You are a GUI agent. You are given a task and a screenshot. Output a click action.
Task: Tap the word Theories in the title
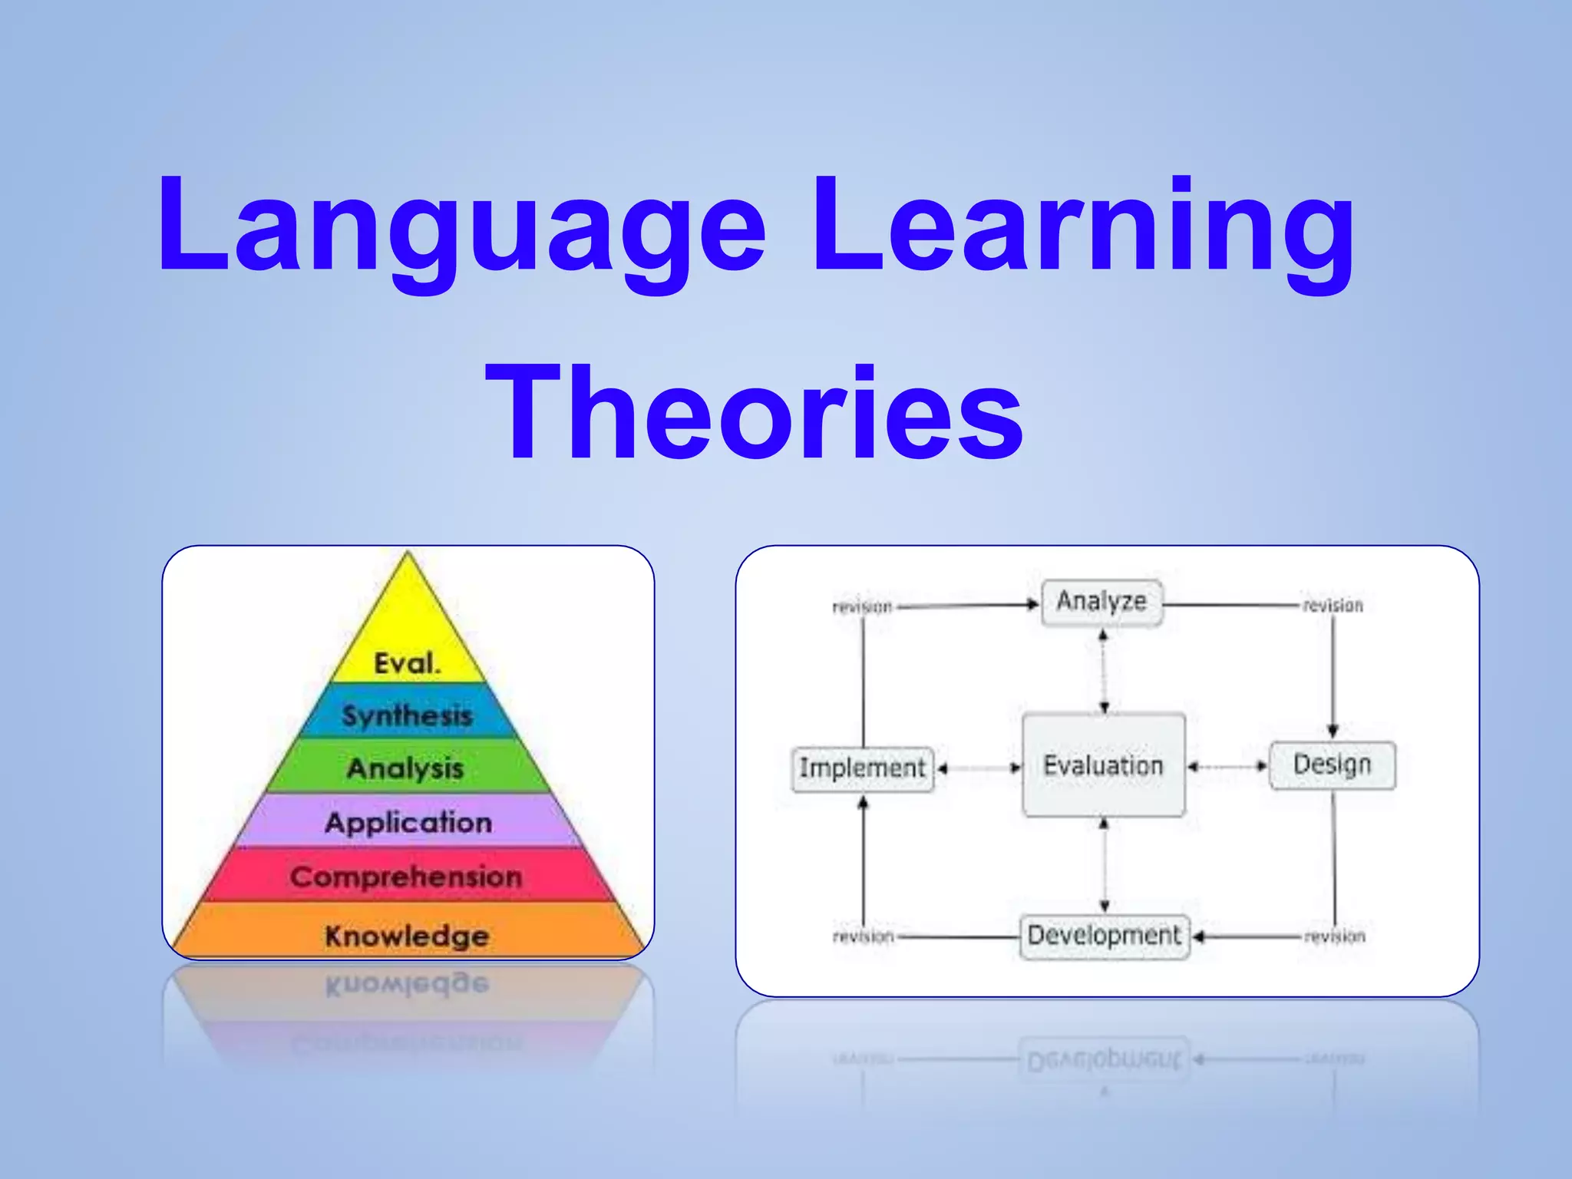[x=755, y=414]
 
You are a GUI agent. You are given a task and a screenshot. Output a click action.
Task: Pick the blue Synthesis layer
[x=408, y=715]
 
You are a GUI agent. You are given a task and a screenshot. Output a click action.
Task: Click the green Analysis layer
[x=406, y=768]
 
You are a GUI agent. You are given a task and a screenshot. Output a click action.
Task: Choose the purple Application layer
[x=408, y=822]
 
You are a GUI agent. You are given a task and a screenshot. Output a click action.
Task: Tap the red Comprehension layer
[x=407, y=876]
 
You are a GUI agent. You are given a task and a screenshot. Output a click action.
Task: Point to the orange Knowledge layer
[x=407, y=935]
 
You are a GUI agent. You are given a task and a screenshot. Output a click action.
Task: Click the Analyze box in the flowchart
[x=1101, y=603]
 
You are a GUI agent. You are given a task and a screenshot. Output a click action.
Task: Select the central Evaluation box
[x=1103, y=765]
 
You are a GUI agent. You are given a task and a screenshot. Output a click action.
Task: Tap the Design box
[x=1332, y=765]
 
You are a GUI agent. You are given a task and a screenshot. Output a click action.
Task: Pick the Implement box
[x=862, y=768]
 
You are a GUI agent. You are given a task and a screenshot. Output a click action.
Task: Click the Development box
[x=1104, y=936]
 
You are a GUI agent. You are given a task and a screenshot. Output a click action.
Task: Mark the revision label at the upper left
[x=863, y=607]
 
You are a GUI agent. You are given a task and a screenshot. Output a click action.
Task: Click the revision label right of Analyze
[x=1333, y=606]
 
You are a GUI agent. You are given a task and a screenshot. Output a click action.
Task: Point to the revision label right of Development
[x=1335, y=936]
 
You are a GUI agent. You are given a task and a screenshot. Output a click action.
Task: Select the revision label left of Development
[x=864, y=936]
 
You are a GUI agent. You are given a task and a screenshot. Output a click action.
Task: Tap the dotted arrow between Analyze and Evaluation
[x=1103, y=670]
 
